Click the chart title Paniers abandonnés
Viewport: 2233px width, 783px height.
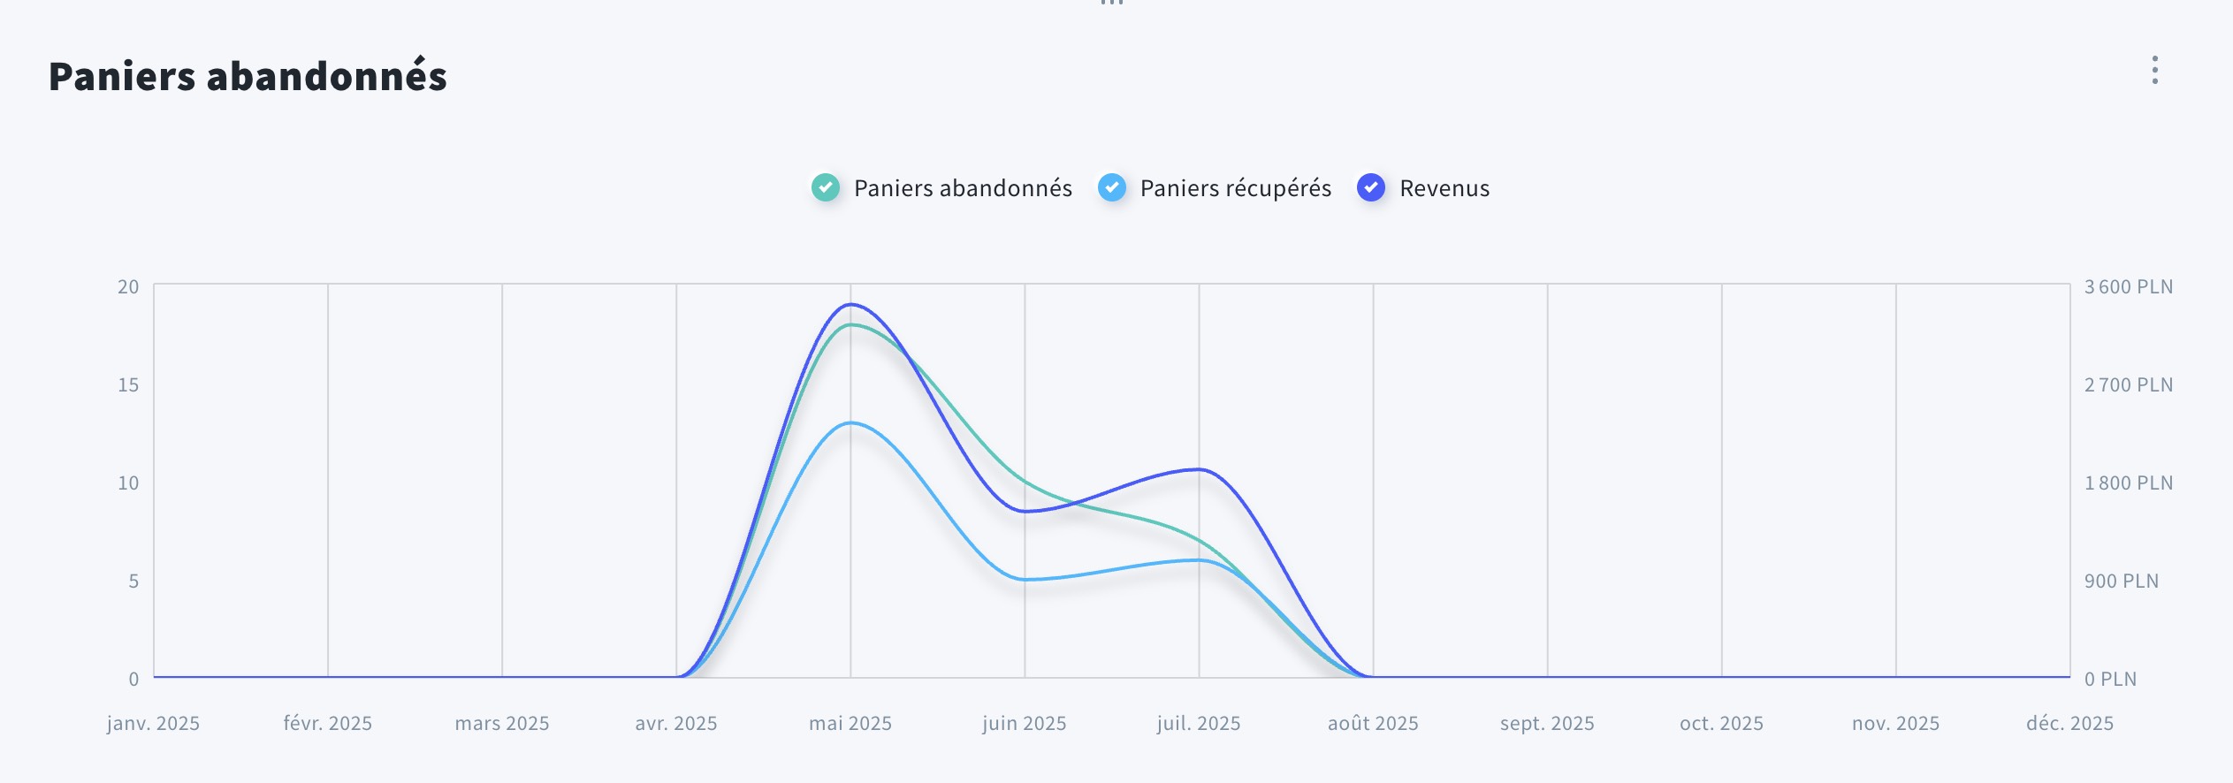point(248,76)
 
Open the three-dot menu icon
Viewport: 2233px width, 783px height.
point(2155,70)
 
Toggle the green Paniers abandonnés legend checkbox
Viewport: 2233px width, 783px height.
point(826,187)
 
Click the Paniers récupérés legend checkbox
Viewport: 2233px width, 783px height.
point(1112,187)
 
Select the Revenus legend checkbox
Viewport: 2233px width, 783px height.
point(1371,187)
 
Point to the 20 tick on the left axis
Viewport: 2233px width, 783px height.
point(128,286)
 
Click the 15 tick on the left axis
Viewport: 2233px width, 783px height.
point(128,384)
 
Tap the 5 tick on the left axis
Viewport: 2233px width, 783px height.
point(133,581)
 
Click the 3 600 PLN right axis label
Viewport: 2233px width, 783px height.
point(2128,286)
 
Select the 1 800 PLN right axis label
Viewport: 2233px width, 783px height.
point(2128,483)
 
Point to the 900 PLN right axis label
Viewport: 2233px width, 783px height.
point(2121,581)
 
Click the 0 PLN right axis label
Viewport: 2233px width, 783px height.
point(2110,679)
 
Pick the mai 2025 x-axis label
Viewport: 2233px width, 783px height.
point(850,723)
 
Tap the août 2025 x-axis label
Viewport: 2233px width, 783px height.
point(1373,723)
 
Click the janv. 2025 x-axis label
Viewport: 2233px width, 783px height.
point(153,723)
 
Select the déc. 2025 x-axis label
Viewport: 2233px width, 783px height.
point(2069,723)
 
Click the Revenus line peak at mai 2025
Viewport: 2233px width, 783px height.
point(850,305)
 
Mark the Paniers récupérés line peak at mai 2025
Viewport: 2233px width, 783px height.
point(850,423)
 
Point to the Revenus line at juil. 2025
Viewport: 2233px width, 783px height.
point(1199,469)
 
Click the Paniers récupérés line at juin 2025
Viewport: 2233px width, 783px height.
point(1025,580)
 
